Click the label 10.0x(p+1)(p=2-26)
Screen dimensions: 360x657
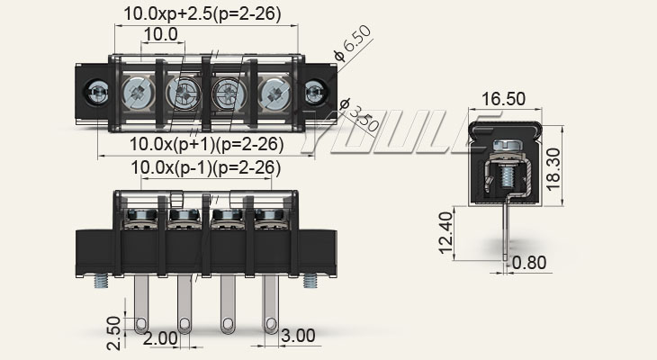(206, 144)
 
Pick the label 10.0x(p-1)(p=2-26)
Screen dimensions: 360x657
(206, 167)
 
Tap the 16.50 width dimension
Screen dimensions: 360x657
(504, 97)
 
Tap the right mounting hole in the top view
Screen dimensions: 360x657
(315, 92)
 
